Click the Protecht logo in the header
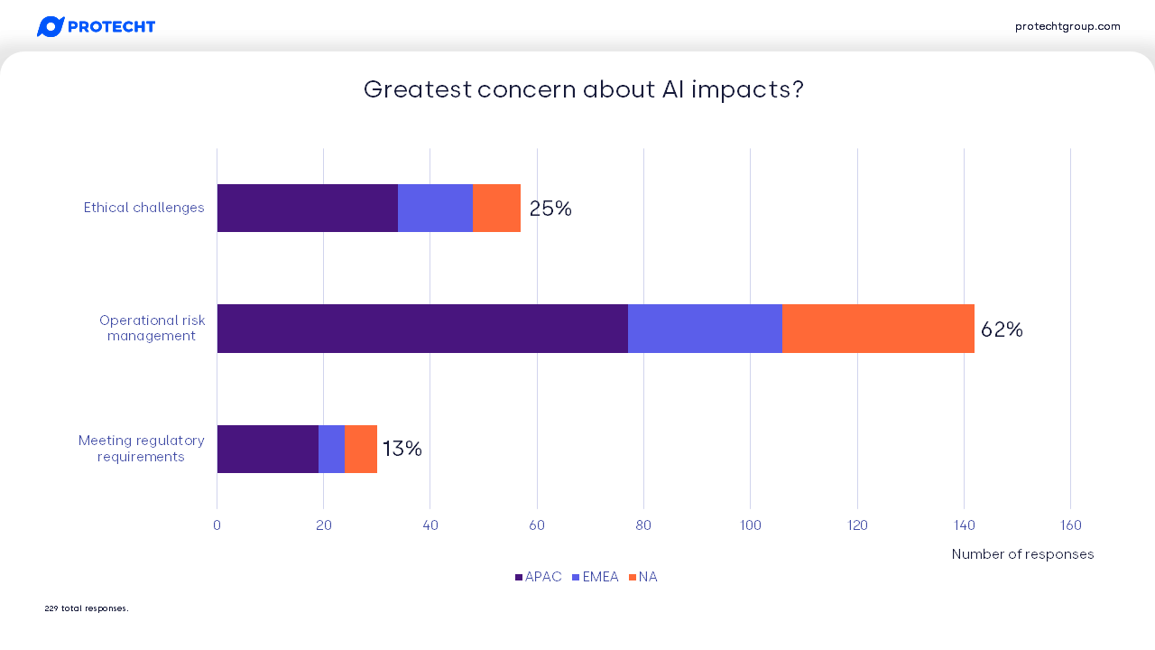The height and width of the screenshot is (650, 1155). (96, 27)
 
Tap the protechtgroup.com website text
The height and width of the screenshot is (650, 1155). (1067, 26)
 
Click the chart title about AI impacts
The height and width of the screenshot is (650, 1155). (583, 90)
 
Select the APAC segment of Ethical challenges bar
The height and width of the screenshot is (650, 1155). (307, 209)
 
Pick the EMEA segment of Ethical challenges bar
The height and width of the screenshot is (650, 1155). (435, 209)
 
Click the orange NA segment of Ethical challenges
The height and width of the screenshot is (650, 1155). (496, 209)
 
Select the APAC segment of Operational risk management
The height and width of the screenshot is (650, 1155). (422, 329)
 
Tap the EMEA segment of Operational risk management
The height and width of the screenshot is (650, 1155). (705, 329)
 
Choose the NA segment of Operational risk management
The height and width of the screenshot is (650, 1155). (878, 329)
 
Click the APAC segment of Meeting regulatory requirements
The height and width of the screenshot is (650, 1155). (267, 449)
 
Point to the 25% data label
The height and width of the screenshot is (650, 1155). (550, 209)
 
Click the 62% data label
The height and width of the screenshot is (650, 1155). (1002, 330)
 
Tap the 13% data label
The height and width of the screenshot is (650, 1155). (402, 449)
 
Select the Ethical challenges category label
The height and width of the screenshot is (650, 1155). (144, 208)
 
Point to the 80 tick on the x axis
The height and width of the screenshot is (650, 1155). (643, 525)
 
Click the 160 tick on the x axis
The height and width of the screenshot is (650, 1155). (1070, 525)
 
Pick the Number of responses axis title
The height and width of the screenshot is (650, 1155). (1022, 554)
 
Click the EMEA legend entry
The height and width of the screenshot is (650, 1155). (596, 577)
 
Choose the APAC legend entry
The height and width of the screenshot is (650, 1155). (539, 577)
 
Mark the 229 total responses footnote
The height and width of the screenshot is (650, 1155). (87, 608)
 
